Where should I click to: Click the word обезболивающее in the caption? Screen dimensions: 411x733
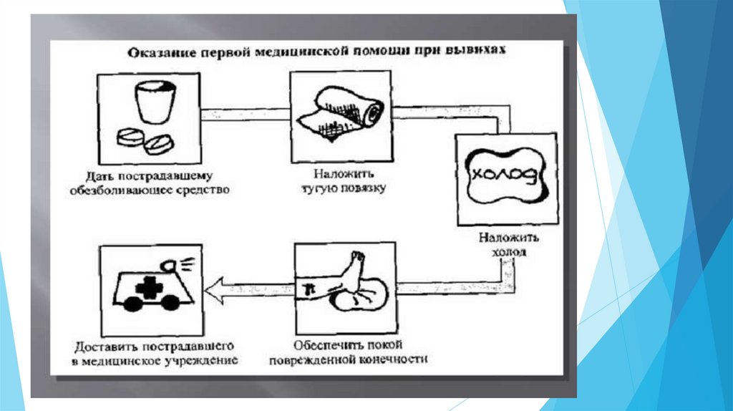tap(117, 190)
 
